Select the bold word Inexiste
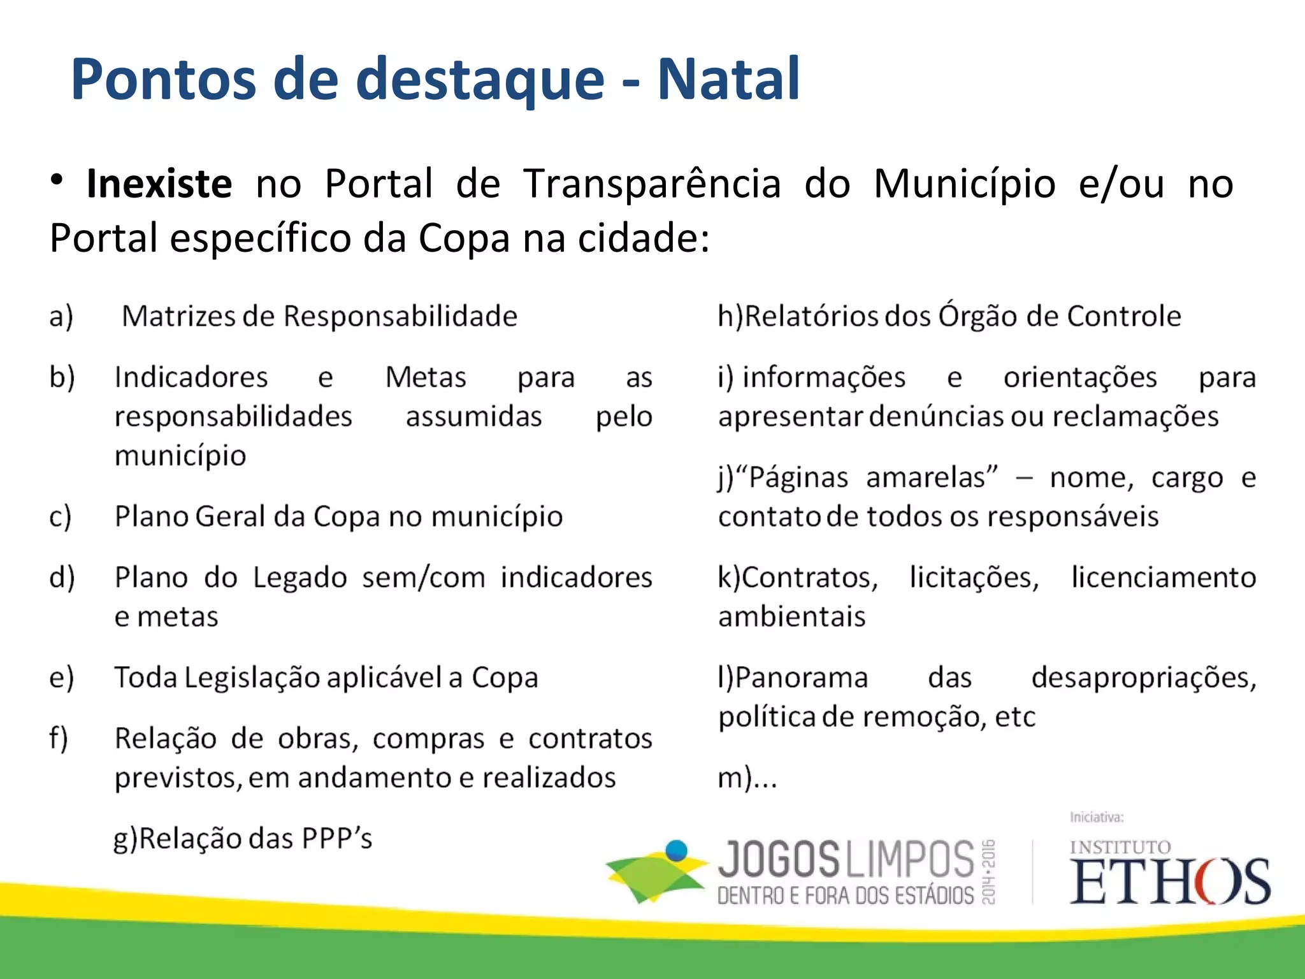(x=159, y=184)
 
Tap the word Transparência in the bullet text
(x=652, y=184)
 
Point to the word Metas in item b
(x=426, y=377)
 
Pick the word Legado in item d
(x=300, y=578)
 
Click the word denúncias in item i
(x=935, y=417)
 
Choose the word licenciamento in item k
(x=1164, y=578)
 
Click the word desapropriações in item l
(x=1144, y=678)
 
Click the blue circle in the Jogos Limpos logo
(x=676, y=850)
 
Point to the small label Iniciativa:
(x=1097, y=817)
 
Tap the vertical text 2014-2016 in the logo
(x=989, y=871)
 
